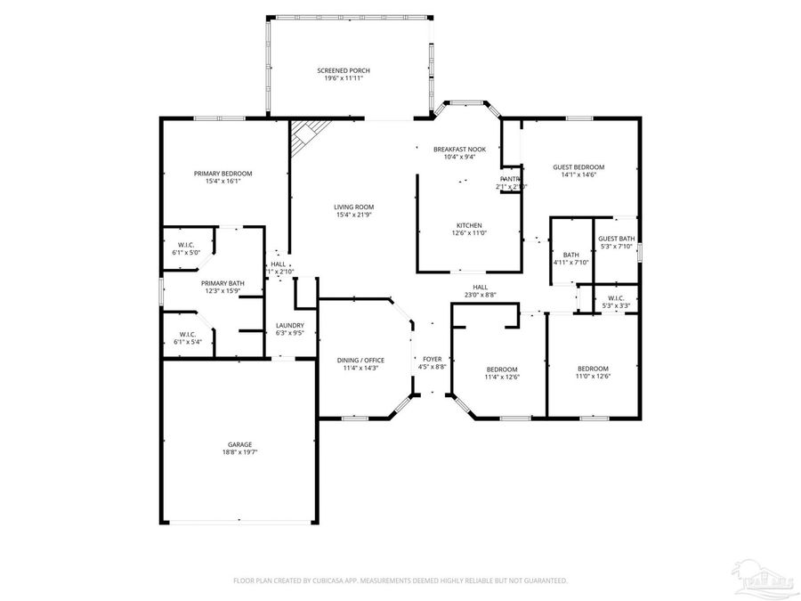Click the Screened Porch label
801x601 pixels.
point(343,70)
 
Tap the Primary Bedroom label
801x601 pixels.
point(222,173)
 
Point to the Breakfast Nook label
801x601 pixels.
point(459,149)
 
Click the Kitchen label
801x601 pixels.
point(469,225)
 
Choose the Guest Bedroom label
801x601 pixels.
point(578,167)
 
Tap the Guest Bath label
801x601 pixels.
point(616,239)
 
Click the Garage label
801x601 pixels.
point(239,444)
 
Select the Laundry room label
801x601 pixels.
point(290,325)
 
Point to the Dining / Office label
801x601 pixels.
point(360,360)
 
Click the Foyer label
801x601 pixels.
point(432,359)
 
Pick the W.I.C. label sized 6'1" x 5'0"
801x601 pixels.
point(186,245)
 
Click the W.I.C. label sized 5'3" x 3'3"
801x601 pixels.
point(616,298)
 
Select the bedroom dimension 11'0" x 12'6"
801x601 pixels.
point(593,377)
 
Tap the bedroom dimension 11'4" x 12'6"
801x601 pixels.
point(501,377)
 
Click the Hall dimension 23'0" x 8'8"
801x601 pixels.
point(480,295)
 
